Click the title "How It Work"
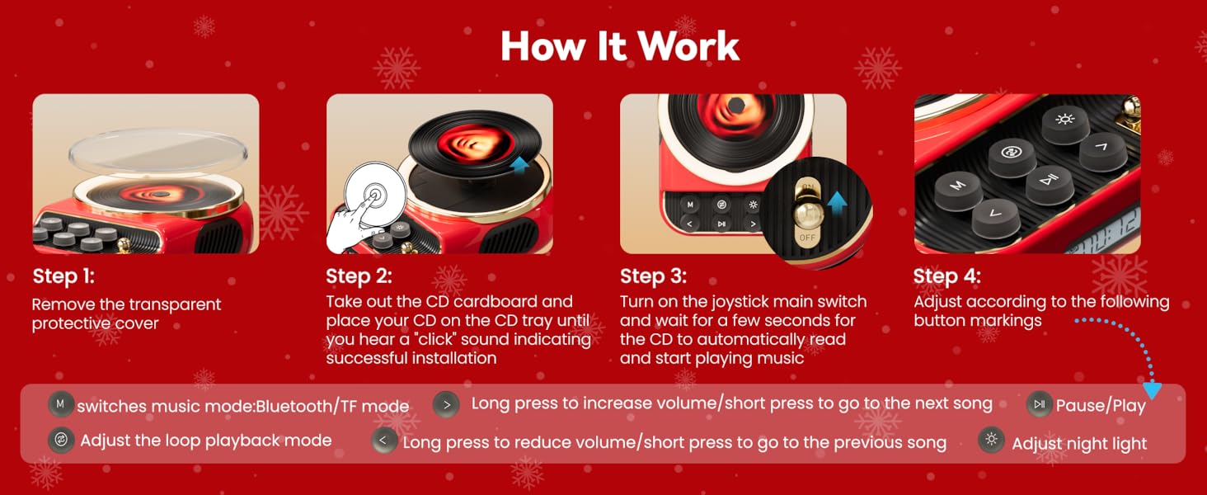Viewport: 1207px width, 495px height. pos(619,46)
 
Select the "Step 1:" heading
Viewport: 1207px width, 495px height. pos(63,276)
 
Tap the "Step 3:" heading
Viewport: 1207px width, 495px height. pos(653,276)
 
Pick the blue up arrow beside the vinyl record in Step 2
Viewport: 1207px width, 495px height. pos(520,166)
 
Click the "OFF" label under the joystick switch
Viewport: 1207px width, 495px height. pos(807,238)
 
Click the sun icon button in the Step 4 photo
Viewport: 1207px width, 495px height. pos(1064,120)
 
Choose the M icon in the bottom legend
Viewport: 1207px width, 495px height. pos(60,405)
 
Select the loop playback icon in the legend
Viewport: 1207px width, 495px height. pos(60,440)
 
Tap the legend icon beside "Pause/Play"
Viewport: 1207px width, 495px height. pos(1039,404)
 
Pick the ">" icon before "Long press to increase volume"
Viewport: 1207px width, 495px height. pos(446,404)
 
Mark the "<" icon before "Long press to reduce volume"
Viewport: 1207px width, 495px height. pos(383,441)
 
